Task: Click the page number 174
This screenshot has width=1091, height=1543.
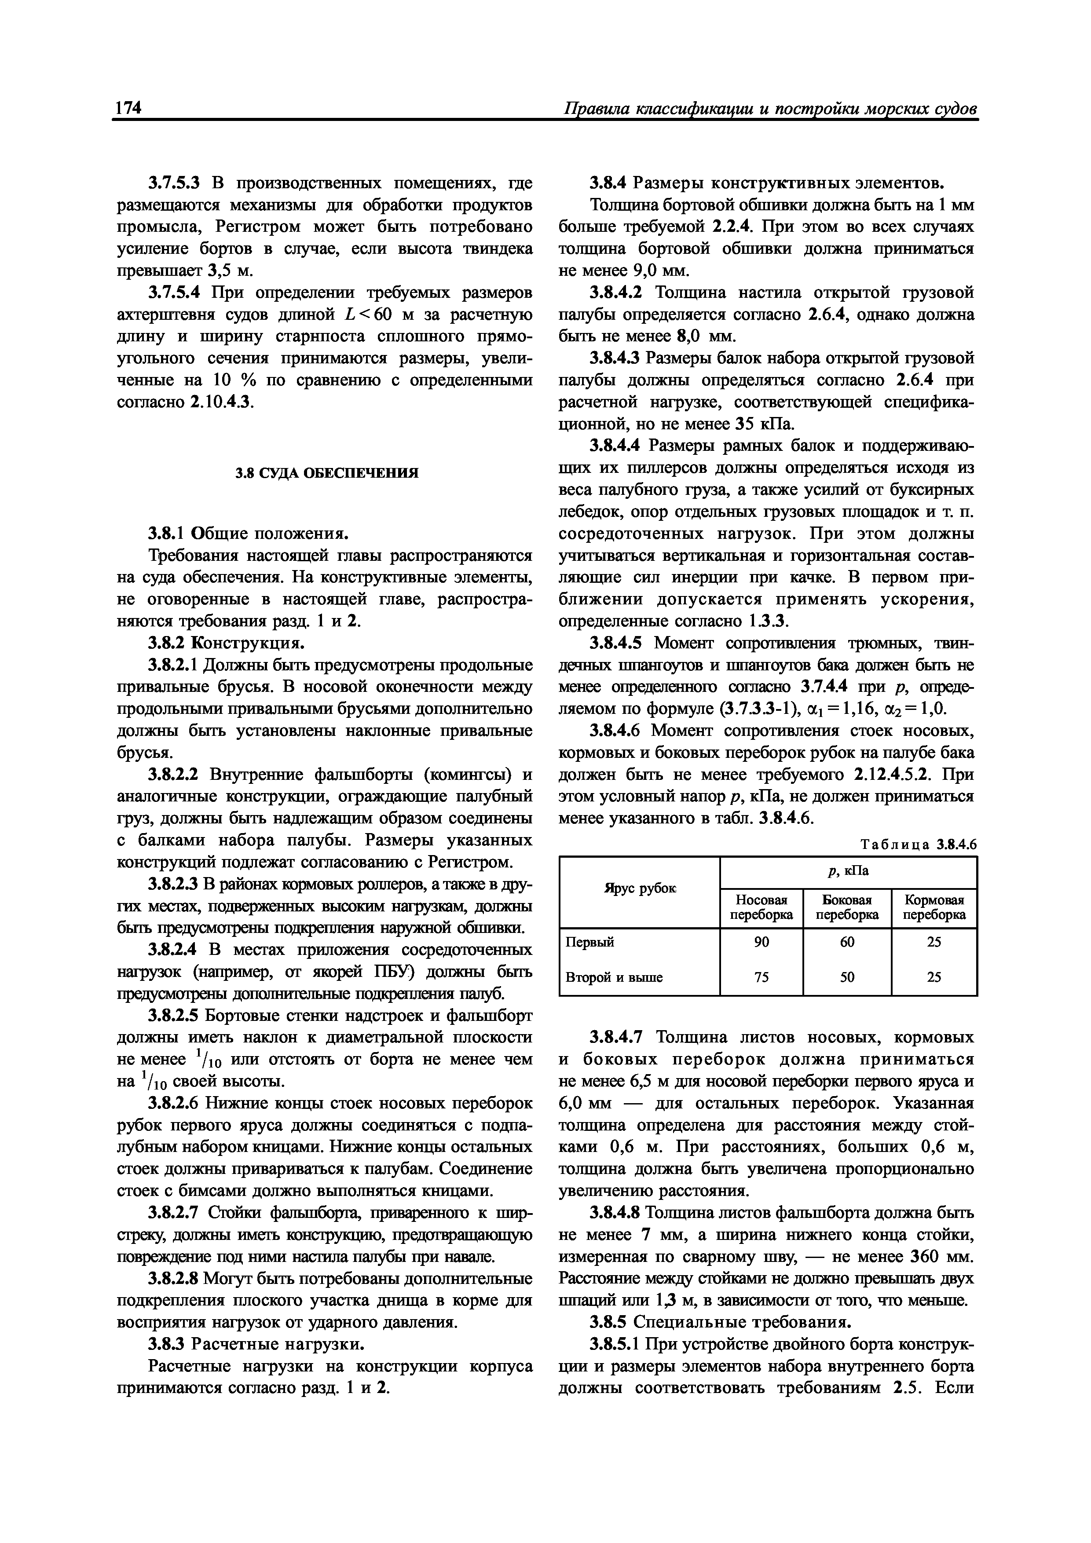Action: point(128,107)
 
